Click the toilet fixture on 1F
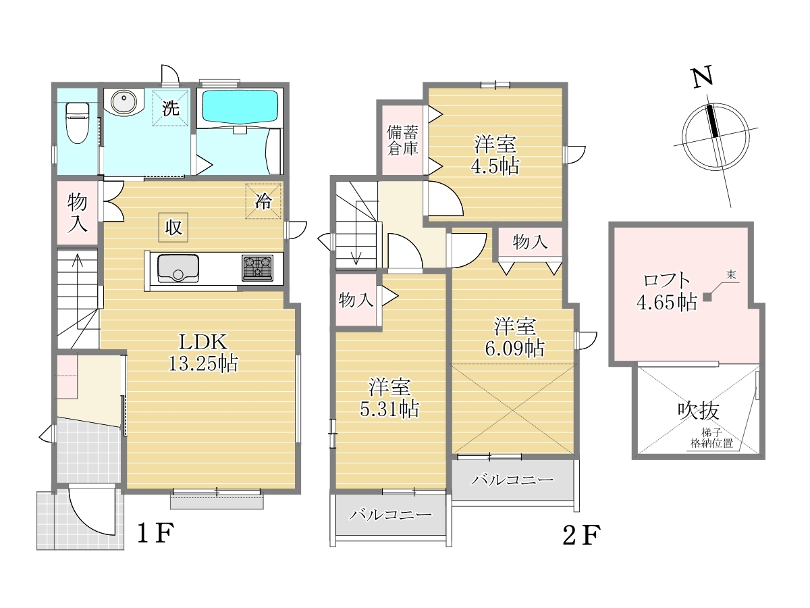78,122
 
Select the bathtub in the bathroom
240,106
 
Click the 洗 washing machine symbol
171,108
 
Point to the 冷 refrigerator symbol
263,201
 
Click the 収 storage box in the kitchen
173,228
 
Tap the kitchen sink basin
178,268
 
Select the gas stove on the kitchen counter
258,268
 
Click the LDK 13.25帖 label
203,353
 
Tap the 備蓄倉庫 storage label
402,141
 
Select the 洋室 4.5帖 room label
495,155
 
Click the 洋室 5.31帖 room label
389,399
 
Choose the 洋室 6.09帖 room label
515,337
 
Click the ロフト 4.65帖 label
666,292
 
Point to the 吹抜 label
699,411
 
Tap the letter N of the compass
702,77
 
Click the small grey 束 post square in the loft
707,297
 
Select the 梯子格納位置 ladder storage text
711,438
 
